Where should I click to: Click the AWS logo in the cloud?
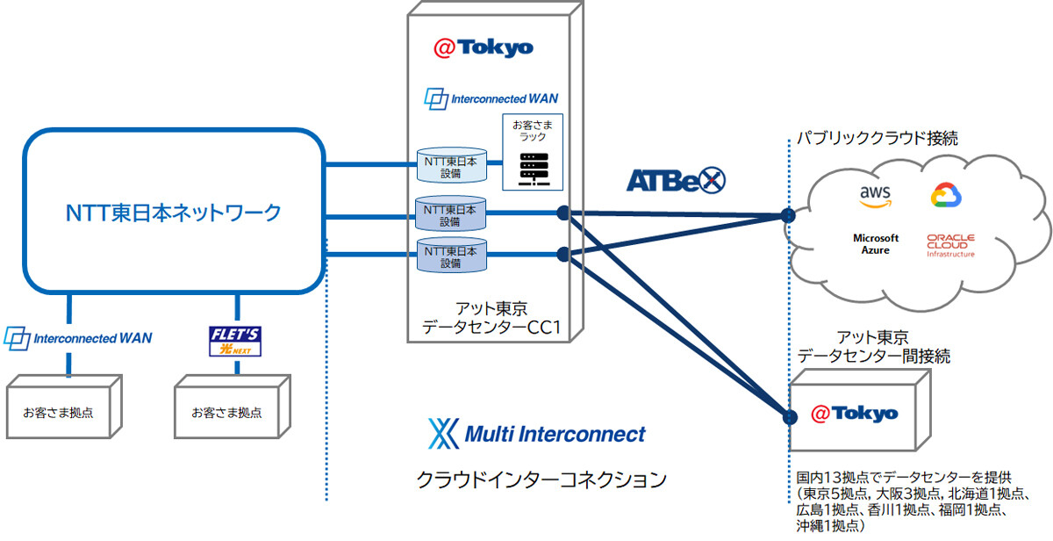coord(875,196)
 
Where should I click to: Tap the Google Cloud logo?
coord(944,197)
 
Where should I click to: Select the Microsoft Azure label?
coord(876,244)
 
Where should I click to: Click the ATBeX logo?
coord(676,180)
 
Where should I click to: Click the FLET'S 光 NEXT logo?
coord(234,342)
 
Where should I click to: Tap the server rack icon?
coord(533,169)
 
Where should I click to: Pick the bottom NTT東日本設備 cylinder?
coord(451,256)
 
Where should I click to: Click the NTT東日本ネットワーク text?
coord(175,212)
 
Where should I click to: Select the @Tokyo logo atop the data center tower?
coord(484,47)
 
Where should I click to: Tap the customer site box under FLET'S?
coord(227,411)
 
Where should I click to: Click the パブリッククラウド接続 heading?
coord(877,138)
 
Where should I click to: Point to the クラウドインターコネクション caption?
coord(541,480)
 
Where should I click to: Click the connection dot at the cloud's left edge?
coord(788,214)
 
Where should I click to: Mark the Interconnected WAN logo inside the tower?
coord(491,98)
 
